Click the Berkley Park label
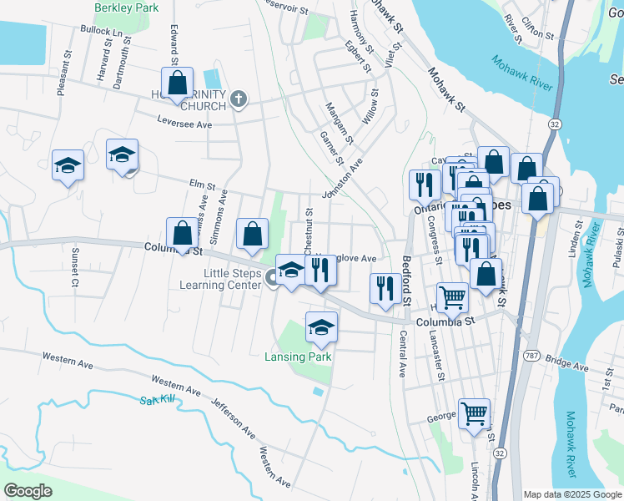127,7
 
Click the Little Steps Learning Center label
220,279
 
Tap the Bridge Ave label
569,365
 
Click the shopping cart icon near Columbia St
452,296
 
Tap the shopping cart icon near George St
474,412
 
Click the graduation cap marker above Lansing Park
320,327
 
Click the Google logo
28,491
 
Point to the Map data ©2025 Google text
571,494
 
